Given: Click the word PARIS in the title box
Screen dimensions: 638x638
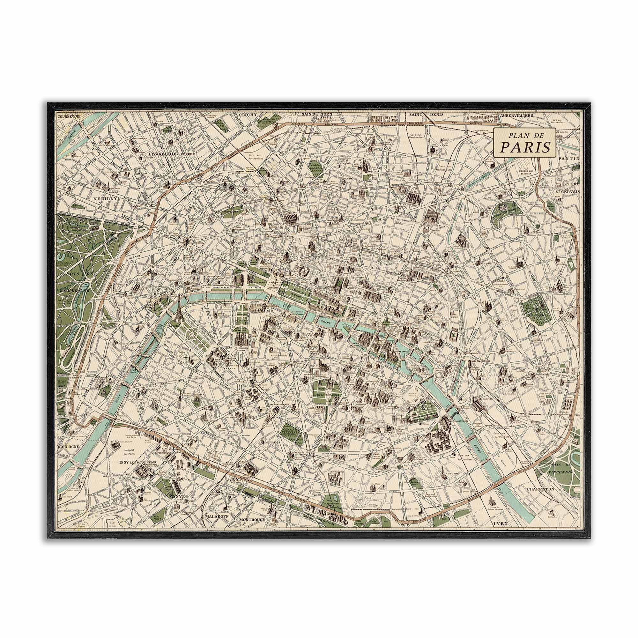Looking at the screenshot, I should pyautogui.click(x=525, y=147).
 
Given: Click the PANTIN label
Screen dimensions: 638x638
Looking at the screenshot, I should pyautogui.click(x=569, y=159).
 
